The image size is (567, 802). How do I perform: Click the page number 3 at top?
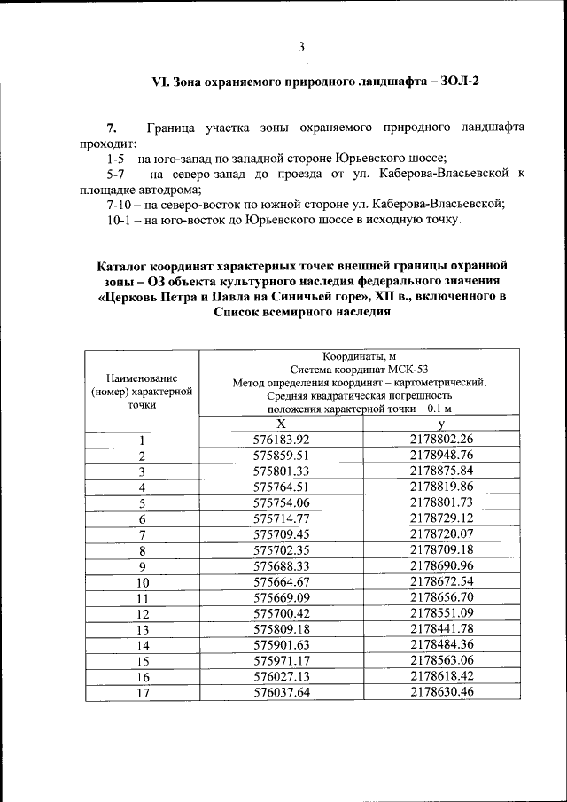tap(301, 47)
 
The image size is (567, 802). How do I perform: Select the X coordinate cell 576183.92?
tap(281, 440)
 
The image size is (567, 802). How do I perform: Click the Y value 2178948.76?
tap(442, 456)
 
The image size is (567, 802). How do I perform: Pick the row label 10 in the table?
tap(142, 583)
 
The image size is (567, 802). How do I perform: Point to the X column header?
tap(281, 424)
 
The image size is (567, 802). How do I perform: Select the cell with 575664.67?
tap(281, 583)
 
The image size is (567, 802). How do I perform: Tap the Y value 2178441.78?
tap(442, 630)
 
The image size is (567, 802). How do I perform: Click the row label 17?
tap(142, 693)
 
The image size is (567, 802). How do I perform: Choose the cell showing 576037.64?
tap(281, 693)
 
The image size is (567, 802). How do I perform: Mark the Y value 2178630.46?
tap(442, 693)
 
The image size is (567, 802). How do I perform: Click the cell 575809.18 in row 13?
tap(281, 630)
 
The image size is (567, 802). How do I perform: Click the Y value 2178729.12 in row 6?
tap(442, 518)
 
